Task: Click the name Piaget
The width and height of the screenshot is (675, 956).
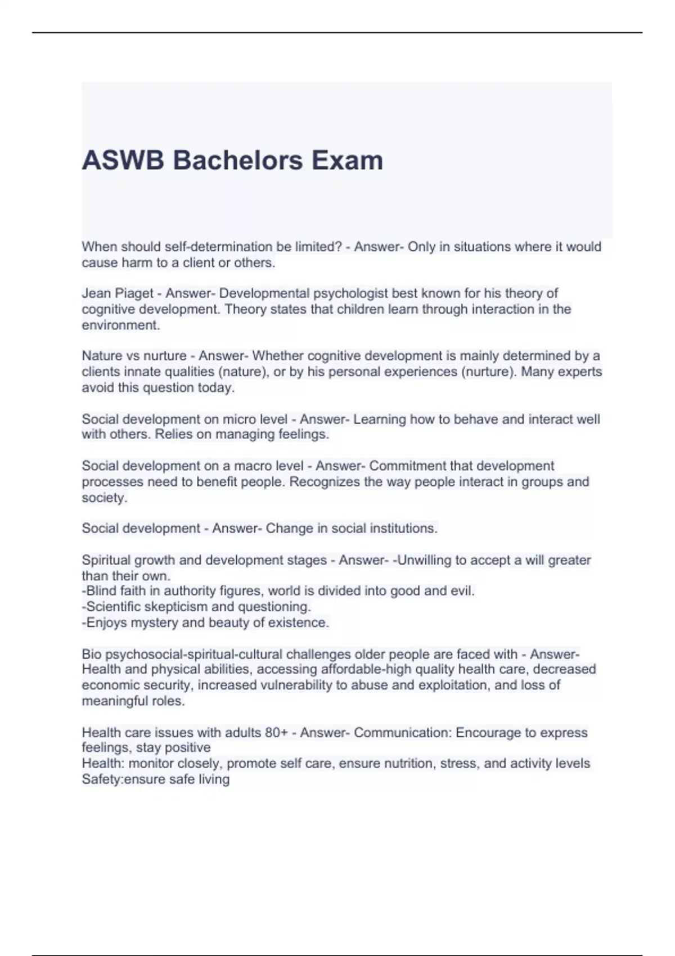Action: coord(134,294)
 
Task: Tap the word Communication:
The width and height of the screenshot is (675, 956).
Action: coord(403,733)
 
